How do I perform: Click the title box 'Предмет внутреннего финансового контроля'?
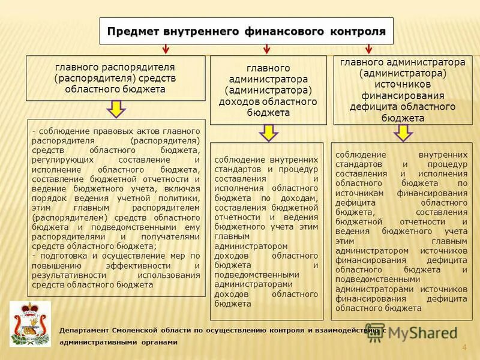click(x=246, y=31)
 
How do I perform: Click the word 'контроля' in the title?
click(x=358, y=31)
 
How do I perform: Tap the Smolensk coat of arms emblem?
click(x=30, y=325)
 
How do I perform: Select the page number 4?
click(x=464, y=348)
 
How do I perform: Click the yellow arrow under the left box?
click(x=115, y=109)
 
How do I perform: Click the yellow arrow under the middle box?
click(x=268, y=133)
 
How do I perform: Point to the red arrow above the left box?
click(x=164, y=49)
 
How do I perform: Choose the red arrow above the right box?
click(x=369, y=49)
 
